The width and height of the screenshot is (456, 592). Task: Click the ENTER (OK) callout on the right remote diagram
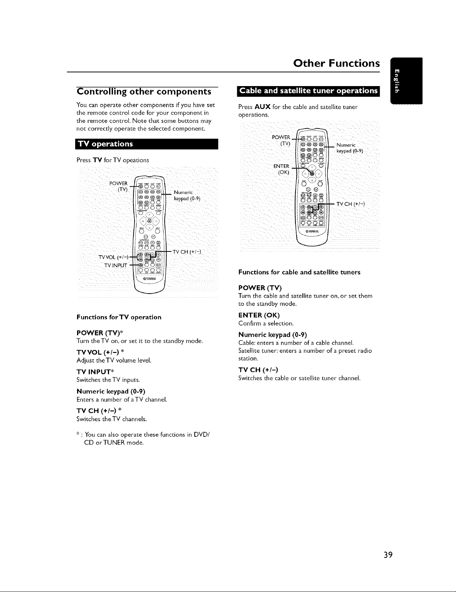282,169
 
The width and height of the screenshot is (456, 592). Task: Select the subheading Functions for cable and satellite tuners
299,272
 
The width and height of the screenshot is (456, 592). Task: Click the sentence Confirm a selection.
266,323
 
